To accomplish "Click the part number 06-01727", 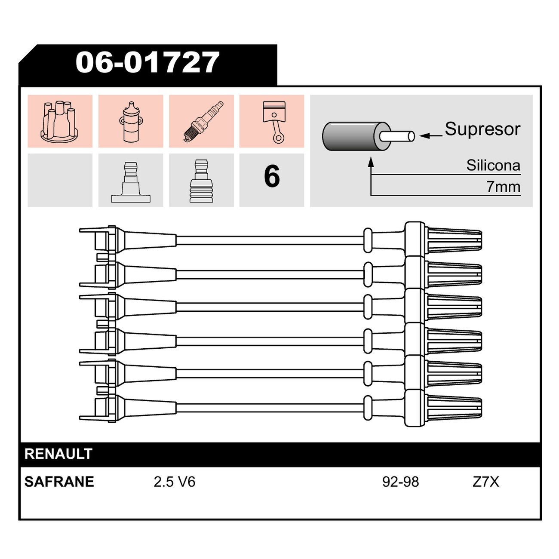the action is (147, 62).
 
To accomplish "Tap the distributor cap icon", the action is (59, 121).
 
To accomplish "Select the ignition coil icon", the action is (131, 122).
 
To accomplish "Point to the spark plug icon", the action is (204, 121).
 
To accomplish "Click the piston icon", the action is (274, 122).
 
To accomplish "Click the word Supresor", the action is (482, 129).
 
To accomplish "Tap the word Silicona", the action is (493, 166).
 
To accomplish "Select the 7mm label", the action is (503, 187).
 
